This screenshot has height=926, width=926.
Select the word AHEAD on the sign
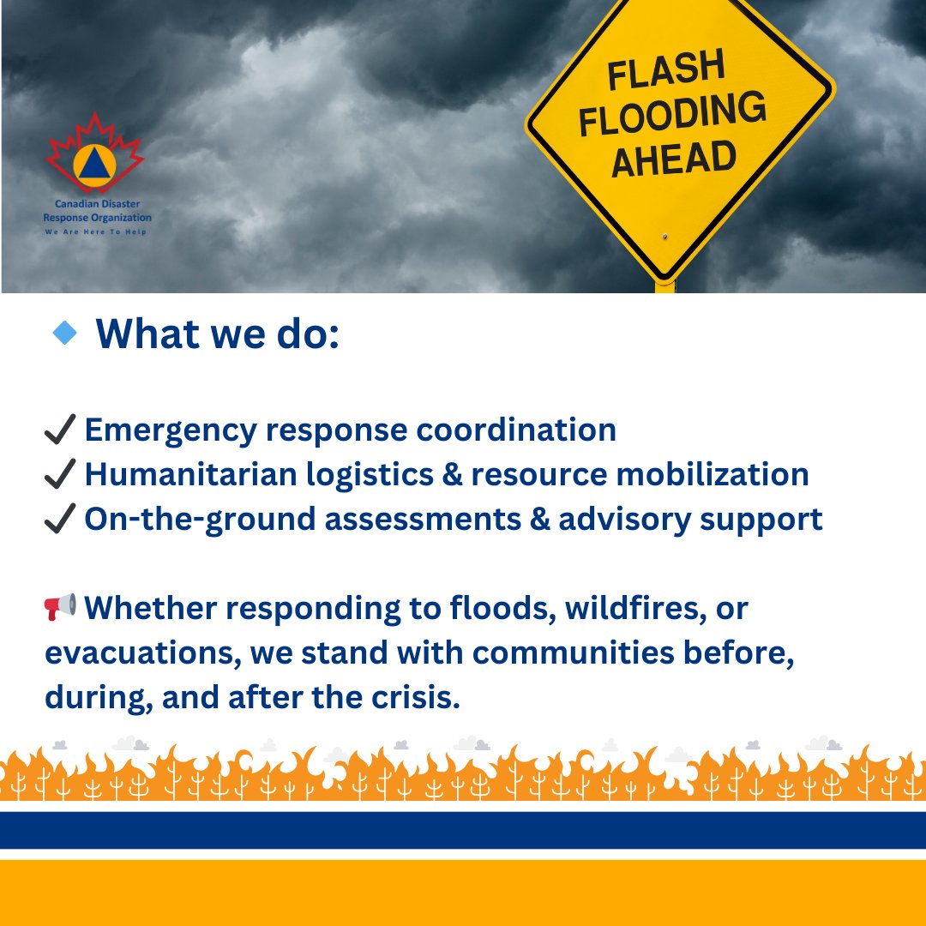(674, 159)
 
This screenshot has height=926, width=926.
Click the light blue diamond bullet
(64, 333)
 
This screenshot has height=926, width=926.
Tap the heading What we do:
(218, 333)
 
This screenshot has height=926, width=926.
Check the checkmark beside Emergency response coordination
(60, 430)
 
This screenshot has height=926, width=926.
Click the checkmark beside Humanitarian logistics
(60, 474)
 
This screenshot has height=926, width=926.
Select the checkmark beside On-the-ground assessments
(60, 519)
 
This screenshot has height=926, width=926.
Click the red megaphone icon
(60, 607)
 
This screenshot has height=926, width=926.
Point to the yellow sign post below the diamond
(664, 286)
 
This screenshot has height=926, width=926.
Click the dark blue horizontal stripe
(463, 829)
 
